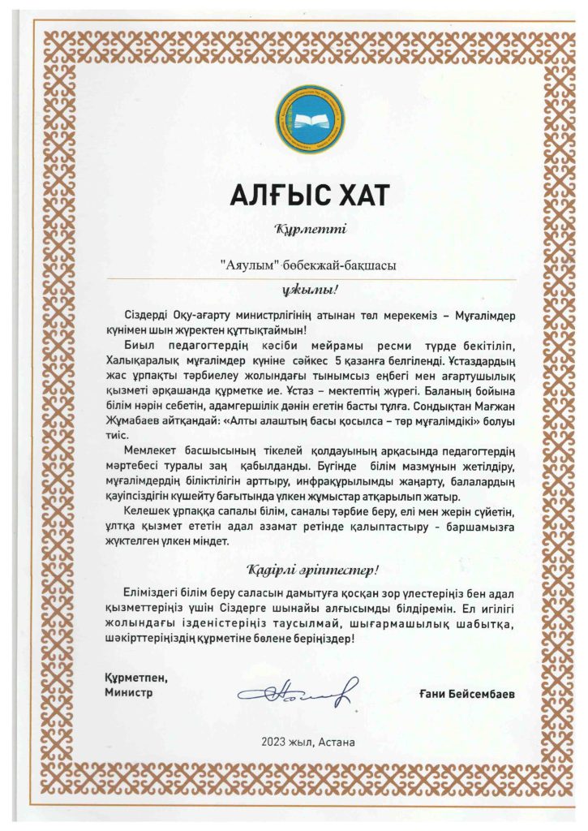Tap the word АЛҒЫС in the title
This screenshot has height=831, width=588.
[x=266, y=195]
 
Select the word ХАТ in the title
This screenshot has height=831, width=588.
[x=352, y=195]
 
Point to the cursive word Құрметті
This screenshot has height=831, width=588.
[x=300, y=230]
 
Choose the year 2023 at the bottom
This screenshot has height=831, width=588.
[x=274, y=742]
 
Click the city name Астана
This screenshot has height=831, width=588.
[x=336, y=742]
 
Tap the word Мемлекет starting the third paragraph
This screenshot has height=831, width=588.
[x=151, y=451]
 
